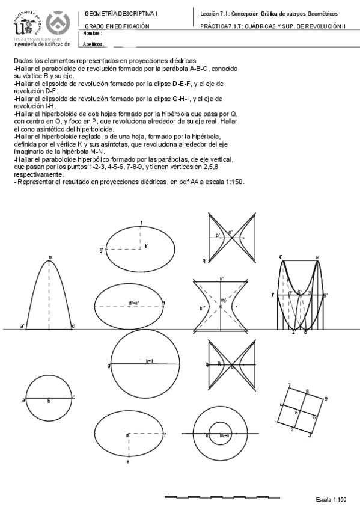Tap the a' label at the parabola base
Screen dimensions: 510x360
(x=22, y=326)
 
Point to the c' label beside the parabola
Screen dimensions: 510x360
(x=73, y=326)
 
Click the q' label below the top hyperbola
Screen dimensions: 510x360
(x=205, y=260)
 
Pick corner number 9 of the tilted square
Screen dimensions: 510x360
(x=325, y=398)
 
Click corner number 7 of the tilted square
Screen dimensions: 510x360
(x=289, y=385)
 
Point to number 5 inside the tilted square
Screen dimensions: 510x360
(x=296, y=413)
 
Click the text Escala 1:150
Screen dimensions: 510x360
(x=331, y=500)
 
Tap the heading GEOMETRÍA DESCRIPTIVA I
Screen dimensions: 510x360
(x=121, y=13)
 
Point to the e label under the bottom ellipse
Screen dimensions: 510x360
(x=127, y=461)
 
